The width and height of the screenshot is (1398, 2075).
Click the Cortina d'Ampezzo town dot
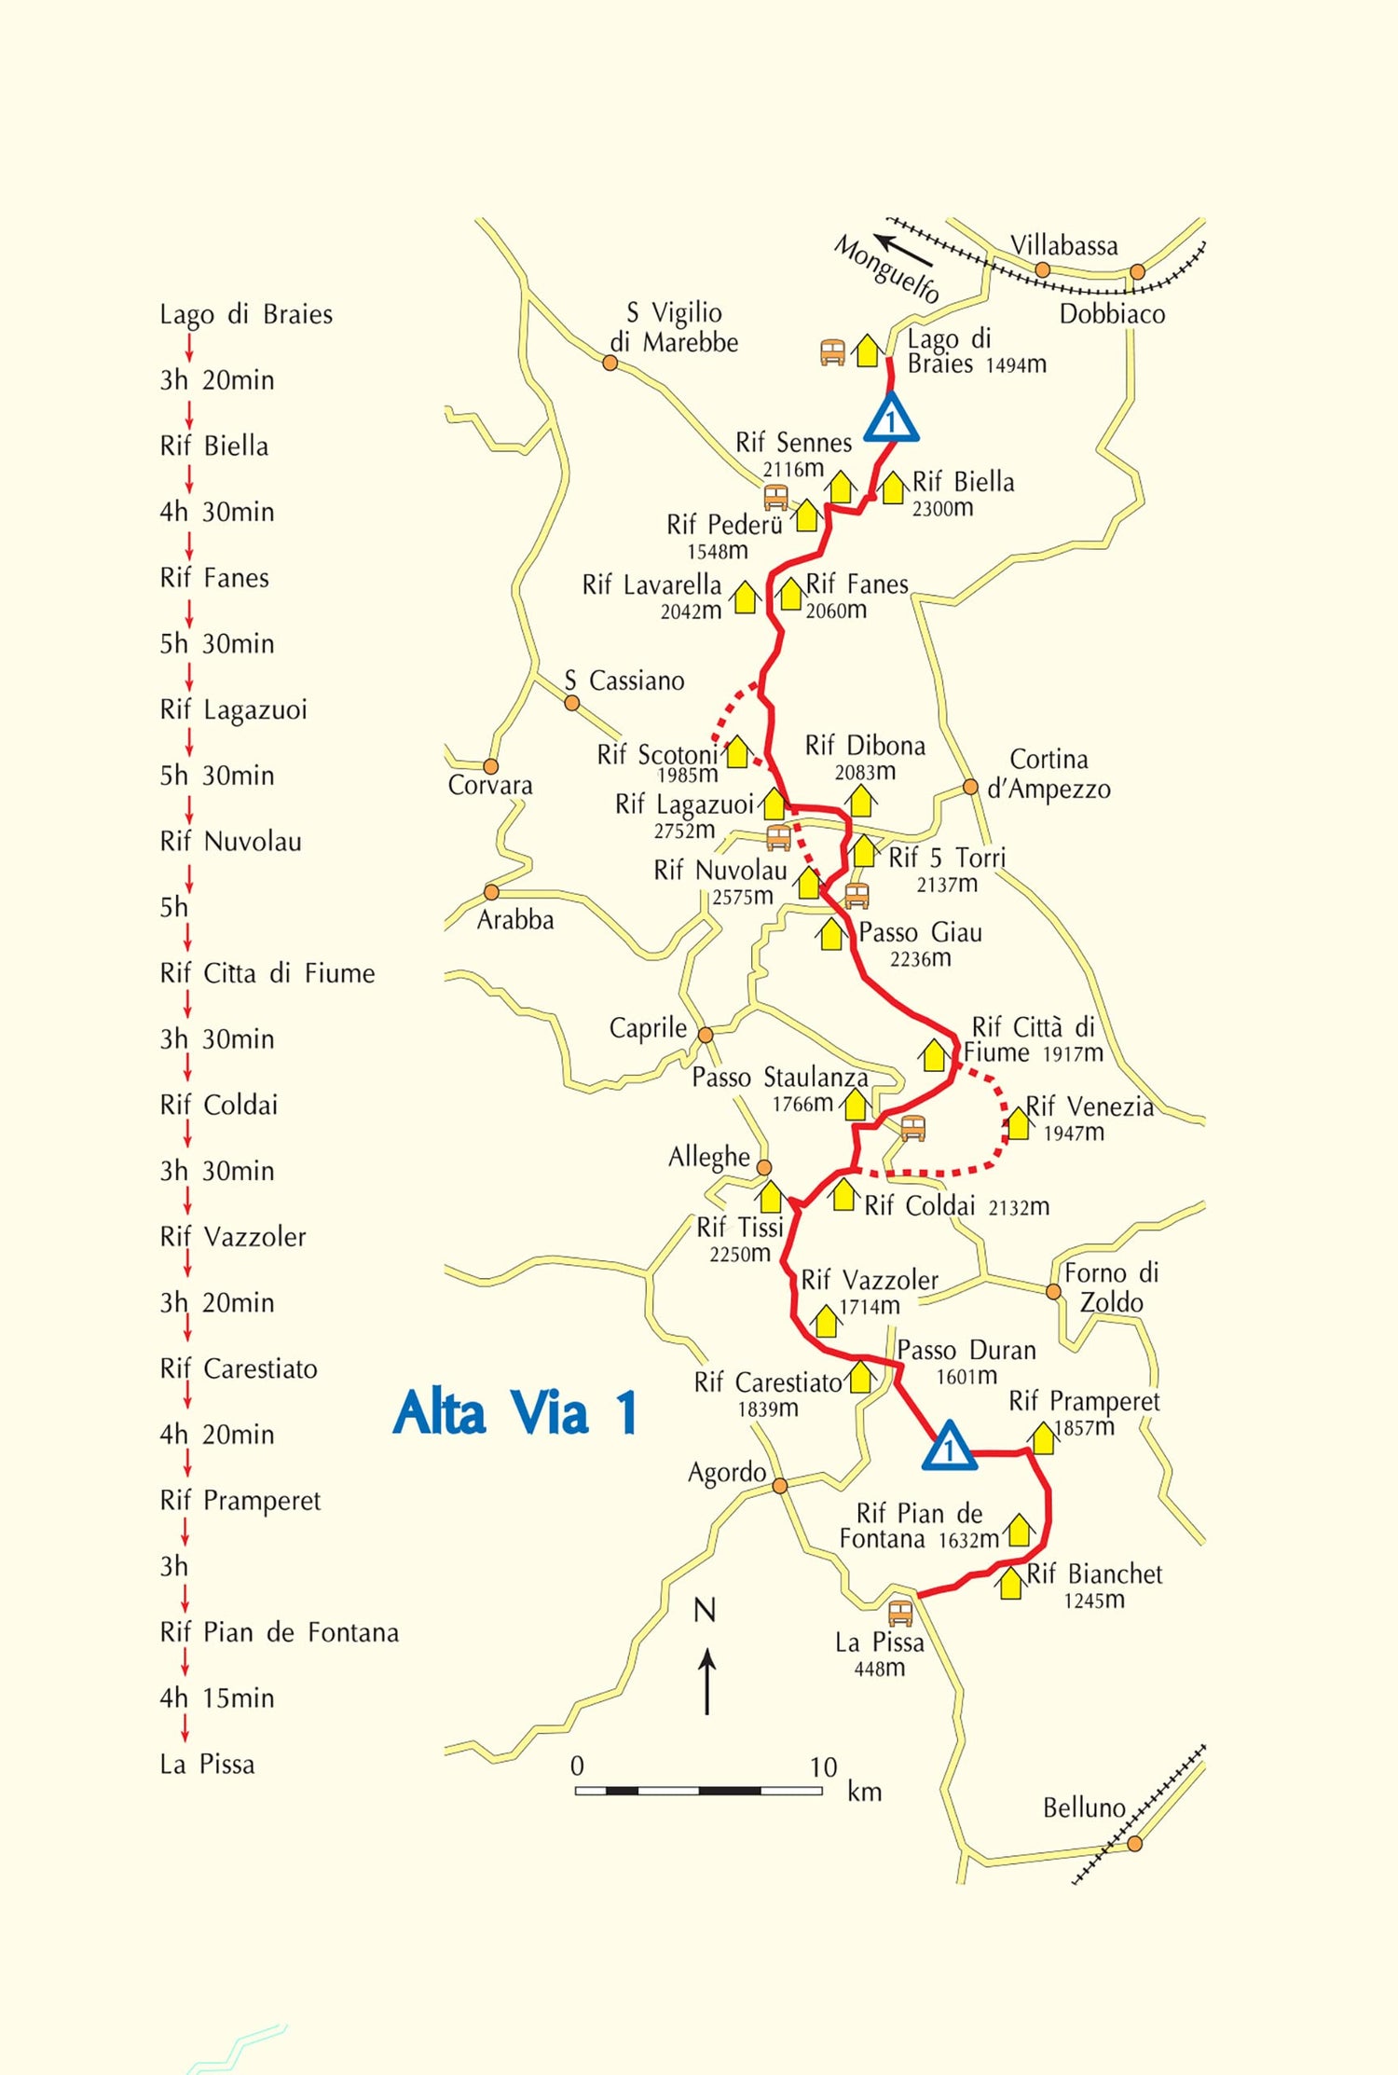click(x=970, y=787)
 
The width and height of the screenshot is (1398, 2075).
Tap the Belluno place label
click(x=1084, y=1807)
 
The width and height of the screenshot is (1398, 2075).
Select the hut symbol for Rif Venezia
click(x=1019, y=1124)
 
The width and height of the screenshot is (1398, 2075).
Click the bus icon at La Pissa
click(x=900, y=1612)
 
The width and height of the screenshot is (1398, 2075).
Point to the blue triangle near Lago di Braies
click(x=892, y=419)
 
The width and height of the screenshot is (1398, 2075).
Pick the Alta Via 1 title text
click(x=515, y=1413)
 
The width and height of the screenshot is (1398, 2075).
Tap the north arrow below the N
click(x=707, y=1681)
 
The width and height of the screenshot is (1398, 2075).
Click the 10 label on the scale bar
click(x=823, y=1767)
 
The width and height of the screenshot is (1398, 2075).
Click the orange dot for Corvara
click(x=491, y=767)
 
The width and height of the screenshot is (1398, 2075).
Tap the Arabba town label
click(x=515, y=920)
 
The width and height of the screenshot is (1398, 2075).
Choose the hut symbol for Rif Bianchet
click(x=1010, y=1583)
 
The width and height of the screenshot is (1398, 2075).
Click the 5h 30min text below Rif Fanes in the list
click(x=217, y=643)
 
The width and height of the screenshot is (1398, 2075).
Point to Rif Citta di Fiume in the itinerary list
click(x=267, y=973)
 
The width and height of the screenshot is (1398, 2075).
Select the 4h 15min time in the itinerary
click(x=217, y=1697)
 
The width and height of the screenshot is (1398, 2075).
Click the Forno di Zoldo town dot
click(x=1053, y=1292)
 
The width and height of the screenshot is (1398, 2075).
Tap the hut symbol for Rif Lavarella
click(x=745, y=598)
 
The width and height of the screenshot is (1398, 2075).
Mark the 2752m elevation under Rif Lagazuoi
click(x=684, y=831)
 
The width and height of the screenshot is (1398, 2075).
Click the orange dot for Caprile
click(x=706, y=1035)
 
